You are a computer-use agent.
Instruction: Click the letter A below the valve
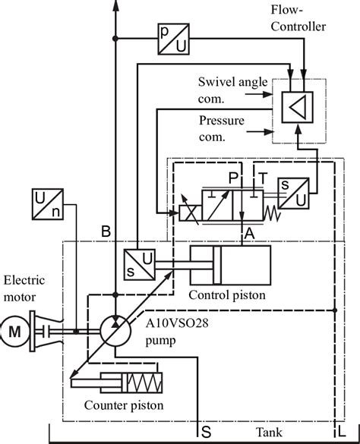click(248, 235)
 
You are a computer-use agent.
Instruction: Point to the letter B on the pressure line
click(106, 231)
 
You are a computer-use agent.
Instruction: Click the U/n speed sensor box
click(48, 205)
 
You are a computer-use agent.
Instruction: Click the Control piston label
click(228, 294)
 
